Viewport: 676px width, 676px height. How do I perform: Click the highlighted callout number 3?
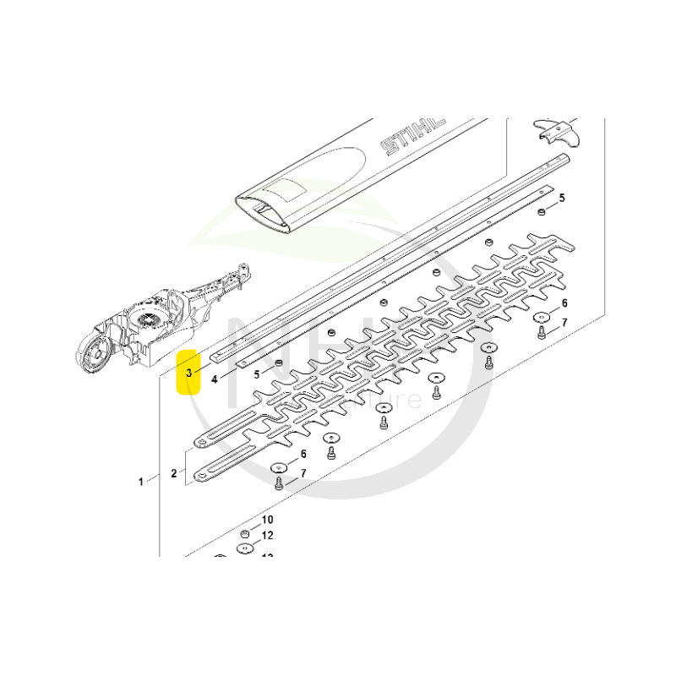coord(188,372)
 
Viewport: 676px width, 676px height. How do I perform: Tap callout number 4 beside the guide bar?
coord(215,379)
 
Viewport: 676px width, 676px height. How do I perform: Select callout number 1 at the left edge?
coord(141,482)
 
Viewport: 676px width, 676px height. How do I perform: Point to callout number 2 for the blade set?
coord(173,473)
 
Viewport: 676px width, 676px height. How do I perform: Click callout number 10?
coord(267,520)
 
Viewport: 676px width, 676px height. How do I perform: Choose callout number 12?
coord(267,536)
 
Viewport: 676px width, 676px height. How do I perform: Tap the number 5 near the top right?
coord(562,198)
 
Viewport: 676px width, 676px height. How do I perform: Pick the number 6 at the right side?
coord(564,303)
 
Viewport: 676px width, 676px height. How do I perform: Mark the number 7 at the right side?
coord(564,323)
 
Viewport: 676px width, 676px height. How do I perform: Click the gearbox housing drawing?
coord(152,325)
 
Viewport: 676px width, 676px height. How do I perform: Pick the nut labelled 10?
coord(243,534)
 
